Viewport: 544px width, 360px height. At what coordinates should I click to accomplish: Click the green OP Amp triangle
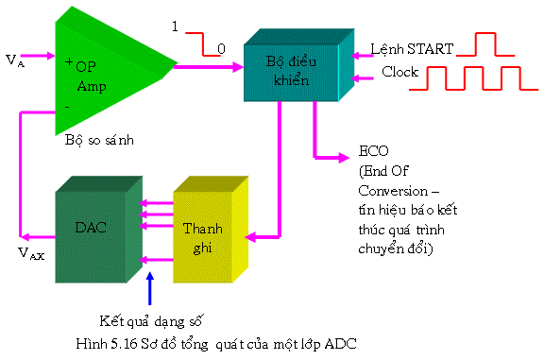pos(104,71)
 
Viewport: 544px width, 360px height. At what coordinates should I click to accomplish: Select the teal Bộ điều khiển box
pos(287,69)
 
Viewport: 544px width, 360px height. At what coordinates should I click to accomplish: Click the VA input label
pos(15,60)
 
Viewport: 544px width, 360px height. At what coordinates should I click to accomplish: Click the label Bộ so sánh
pos(100,140)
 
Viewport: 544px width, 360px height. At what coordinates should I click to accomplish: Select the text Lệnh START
pos(412,47)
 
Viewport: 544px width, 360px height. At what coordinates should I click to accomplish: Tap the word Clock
pos(399,72)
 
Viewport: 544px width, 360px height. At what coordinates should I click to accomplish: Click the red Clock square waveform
pos(472,80)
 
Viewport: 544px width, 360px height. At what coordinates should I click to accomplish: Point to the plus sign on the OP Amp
pos(69,62)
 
